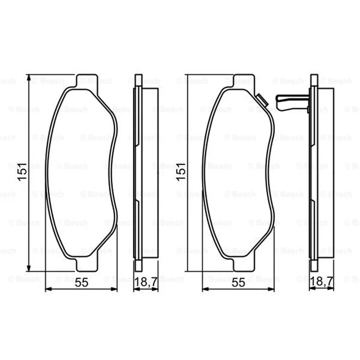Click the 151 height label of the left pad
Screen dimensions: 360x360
click(22, 172)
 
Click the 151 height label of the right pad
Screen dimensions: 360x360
click(181, 172)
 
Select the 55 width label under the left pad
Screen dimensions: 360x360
click(81, 283)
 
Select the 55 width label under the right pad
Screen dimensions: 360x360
click(238, 283)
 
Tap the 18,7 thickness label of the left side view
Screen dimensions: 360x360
click(146, 282)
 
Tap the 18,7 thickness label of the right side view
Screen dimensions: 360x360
click(321, 282)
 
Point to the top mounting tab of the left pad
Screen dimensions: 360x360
click(86, 81)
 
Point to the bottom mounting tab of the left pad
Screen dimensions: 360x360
click(87, 264)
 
